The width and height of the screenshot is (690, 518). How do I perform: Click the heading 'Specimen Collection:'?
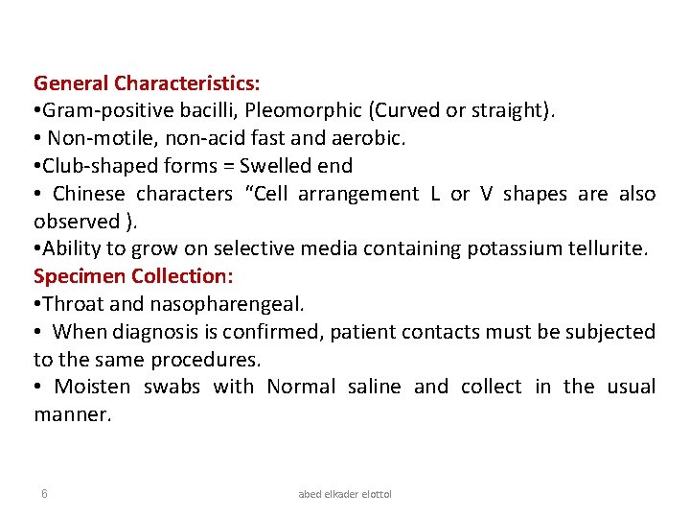(133, 276)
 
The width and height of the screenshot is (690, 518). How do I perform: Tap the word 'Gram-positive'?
(105, 111)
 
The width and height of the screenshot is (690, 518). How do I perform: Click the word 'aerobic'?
(371, 139)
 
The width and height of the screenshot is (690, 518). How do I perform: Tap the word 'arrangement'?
(358, 194)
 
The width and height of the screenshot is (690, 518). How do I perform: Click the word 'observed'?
(77, 222)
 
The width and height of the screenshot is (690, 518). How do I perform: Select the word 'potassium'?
(512, 249)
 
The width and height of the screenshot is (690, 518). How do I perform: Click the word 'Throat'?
(73, 304)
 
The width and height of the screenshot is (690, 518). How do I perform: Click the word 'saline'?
(374, 387)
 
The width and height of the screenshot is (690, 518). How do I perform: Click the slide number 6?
(44, 493)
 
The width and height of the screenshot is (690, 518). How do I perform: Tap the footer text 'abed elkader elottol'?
(345, 494)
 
